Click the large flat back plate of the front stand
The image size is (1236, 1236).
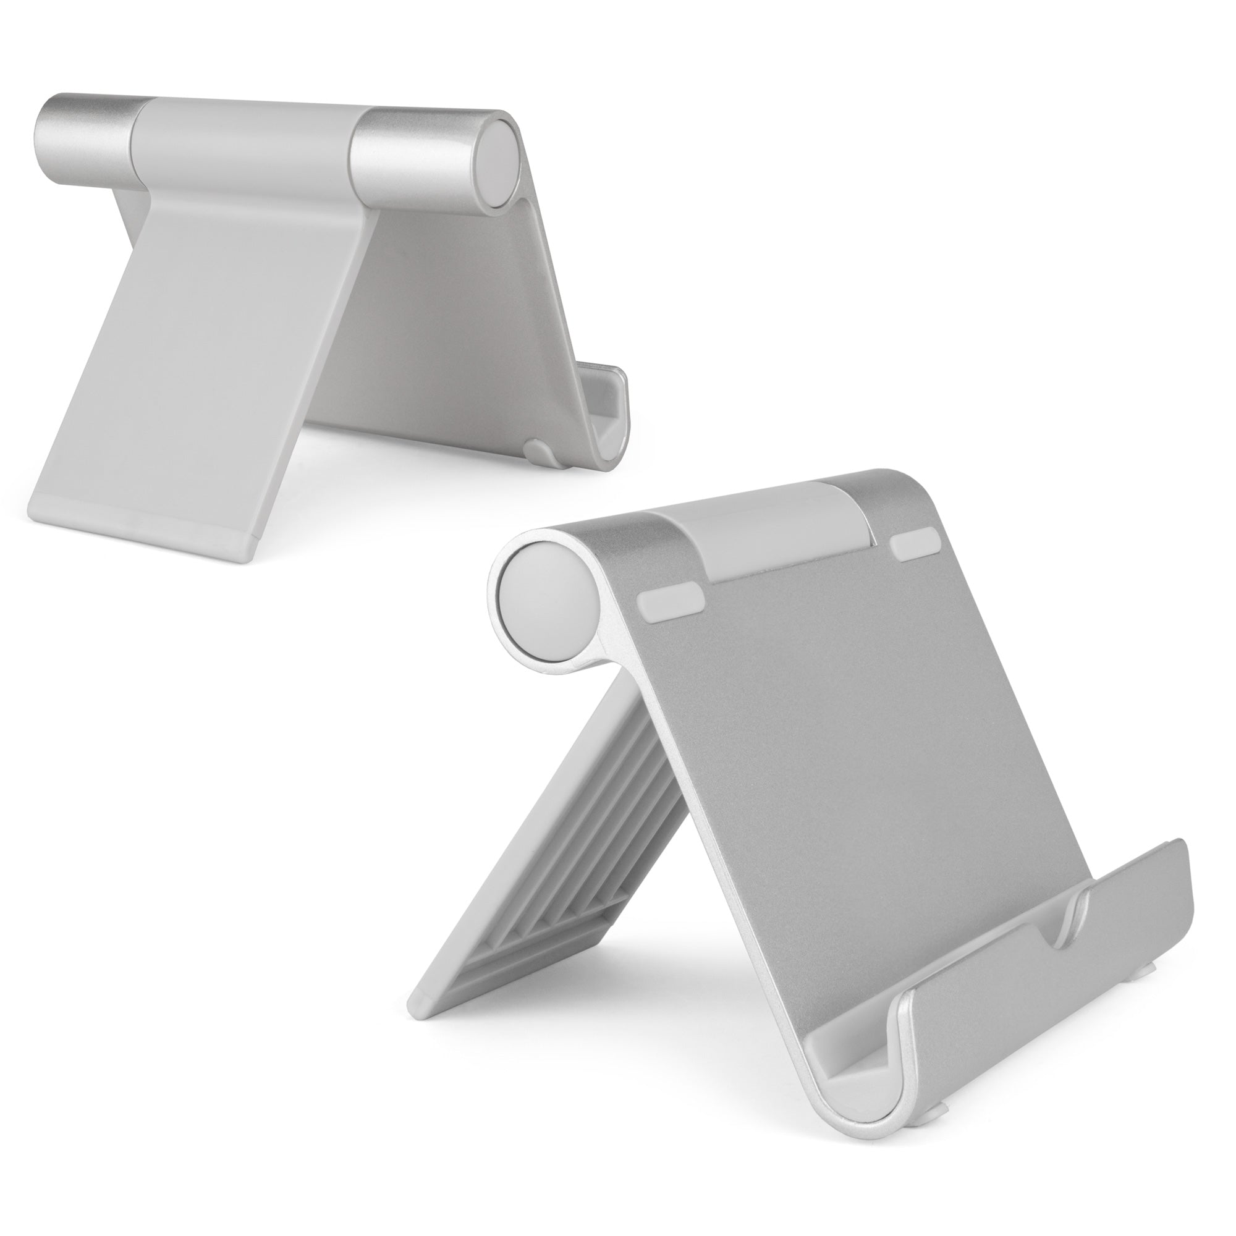point(832,735)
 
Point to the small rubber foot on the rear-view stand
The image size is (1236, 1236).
point(536,450)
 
